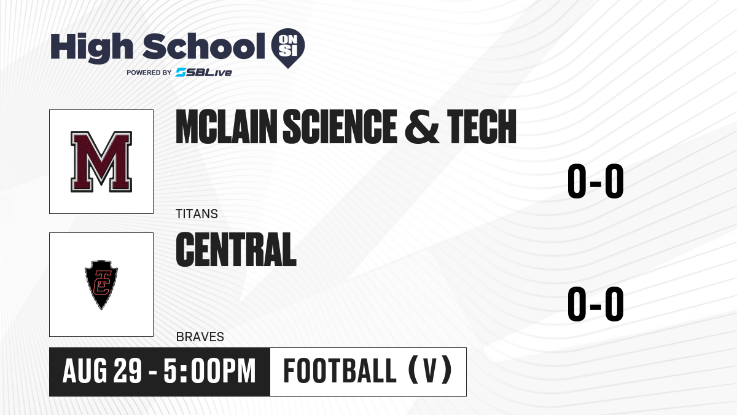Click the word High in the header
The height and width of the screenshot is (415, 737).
click(x=92, y=48)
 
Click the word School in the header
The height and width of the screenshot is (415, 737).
click(x=204, y=46)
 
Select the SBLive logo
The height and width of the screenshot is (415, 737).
click(x=204, y=73)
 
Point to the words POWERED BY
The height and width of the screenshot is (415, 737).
click(x=149, y=73)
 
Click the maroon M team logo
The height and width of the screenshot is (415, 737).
click(x=101, y=161)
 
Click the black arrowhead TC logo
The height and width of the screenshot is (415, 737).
click(x=101, y=285)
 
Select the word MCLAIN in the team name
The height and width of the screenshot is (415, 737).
click(x=227, y=127)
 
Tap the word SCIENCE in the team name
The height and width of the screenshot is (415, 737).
click(x=340, y=127)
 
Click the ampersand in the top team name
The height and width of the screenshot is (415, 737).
click(x=421, y=127)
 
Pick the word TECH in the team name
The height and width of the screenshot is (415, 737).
click(x=482, y=127)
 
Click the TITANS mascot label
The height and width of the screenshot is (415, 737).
click(x=197, y=214)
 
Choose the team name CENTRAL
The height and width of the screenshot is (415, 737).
click(x=236, y=250)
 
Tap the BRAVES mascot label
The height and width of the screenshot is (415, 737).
click(x=200, y=337)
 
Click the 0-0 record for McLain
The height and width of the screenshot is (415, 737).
click(x=596, y=181)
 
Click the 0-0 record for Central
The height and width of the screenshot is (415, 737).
click(x=596, y=304)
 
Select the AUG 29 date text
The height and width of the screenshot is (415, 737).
click(x=103, y=371)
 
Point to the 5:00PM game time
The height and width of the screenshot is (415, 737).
click(x=209, y=371)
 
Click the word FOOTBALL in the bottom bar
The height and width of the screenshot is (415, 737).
click(x=340, y=371)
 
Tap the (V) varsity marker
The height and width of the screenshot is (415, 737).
click(x=430, y=371)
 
